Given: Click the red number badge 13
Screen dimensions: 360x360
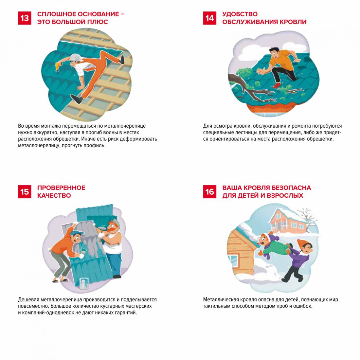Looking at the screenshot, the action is click(x=25, y=18).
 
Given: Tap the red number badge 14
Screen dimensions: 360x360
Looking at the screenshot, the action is click(x=209, y=18).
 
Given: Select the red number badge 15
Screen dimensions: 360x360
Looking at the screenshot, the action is click(x=25, y=192).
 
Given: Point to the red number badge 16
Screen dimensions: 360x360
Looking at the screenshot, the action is click(x=209, y=192).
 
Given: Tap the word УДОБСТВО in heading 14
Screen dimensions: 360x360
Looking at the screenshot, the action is click(x=240, y=14).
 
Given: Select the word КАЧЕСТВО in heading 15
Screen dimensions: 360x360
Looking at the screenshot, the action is click(x=54, y=196).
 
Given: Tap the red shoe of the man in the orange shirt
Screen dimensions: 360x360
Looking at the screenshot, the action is click(x=277, y=85).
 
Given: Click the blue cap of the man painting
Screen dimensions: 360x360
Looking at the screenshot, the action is click(x=77, y=233).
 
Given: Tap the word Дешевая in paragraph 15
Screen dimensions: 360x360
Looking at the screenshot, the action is click(x=28, y=299).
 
